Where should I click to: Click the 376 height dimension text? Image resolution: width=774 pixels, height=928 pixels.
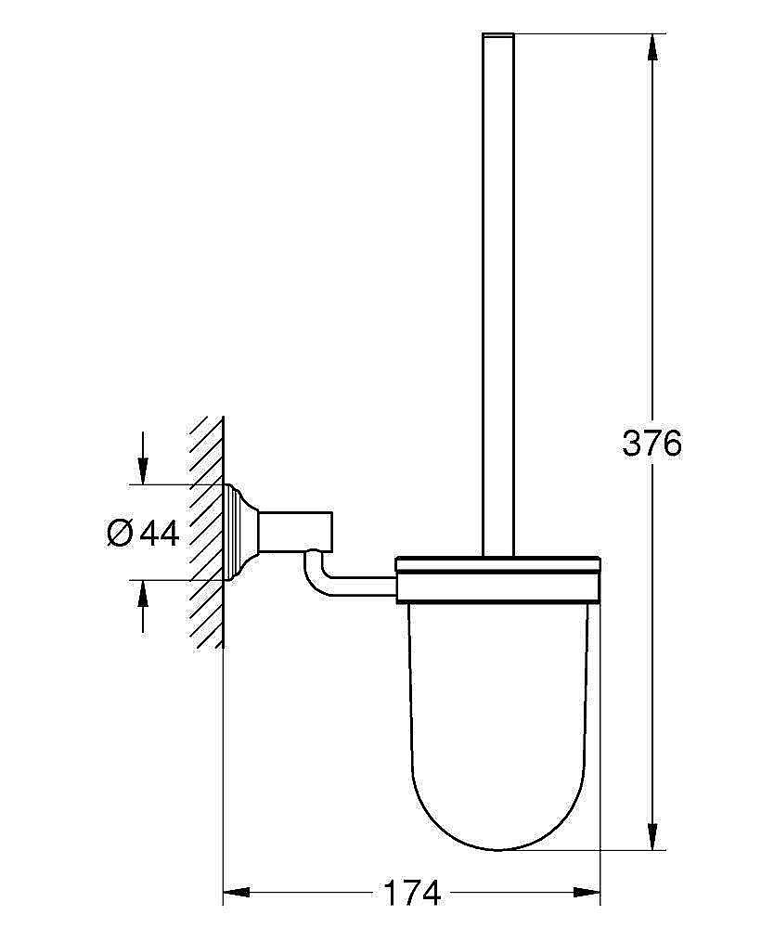(x=651, y=444)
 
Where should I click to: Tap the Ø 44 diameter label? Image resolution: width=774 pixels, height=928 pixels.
(x=143, y=533)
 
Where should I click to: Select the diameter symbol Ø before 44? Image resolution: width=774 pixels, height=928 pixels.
(x=120, y=533)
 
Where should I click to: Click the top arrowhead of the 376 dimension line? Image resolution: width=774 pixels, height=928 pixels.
(x=655, y=46)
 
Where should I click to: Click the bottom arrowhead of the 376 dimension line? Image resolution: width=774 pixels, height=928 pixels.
(x=655, y=837)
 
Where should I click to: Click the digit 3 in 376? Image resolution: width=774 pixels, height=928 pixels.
(x=633, y=444)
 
